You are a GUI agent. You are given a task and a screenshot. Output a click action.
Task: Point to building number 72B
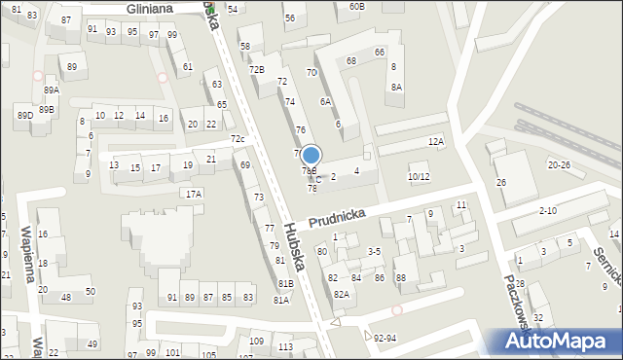click(256, 69)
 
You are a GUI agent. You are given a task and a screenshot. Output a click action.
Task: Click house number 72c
click(238, 139)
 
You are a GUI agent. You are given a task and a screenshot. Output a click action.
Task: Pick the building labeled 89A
click(52, 90)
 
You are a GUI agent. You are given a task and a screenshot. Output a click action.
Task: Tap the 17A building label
click(195, 194)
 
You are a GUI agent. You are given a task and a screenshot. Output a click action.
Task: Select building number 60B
click(356, 7)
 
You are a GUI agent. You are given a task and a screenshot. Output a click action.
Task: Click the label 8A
click(396, 87)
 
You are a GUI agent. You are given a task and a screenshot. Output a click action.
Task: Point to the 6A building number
click(325, 101)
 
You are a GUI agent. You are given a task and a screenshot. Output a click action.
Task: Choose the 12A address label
click(435, 142)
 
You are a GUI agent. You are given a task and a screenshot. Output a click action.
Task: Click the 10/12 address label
click(418, 177)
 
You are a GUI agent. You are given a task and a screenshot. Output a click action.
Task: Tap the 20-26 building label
click(559, 165)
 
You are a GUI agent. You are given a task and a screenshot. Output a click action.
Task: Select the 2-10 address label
click(547, 210)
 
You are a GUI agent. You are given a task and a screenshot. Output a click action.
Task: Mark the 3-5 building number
click(374, 251)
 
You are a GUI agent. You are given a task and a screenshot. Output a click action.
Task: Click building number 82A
click(341, 294)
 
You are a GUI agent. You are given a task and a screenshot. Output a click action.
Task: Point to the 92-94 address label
click(385, 339)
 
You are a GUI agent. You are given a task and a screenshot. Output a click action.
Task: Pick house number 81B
click(285, 284)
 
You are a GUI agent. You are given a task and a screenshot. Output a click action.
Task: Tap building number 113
click(285, 347)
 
